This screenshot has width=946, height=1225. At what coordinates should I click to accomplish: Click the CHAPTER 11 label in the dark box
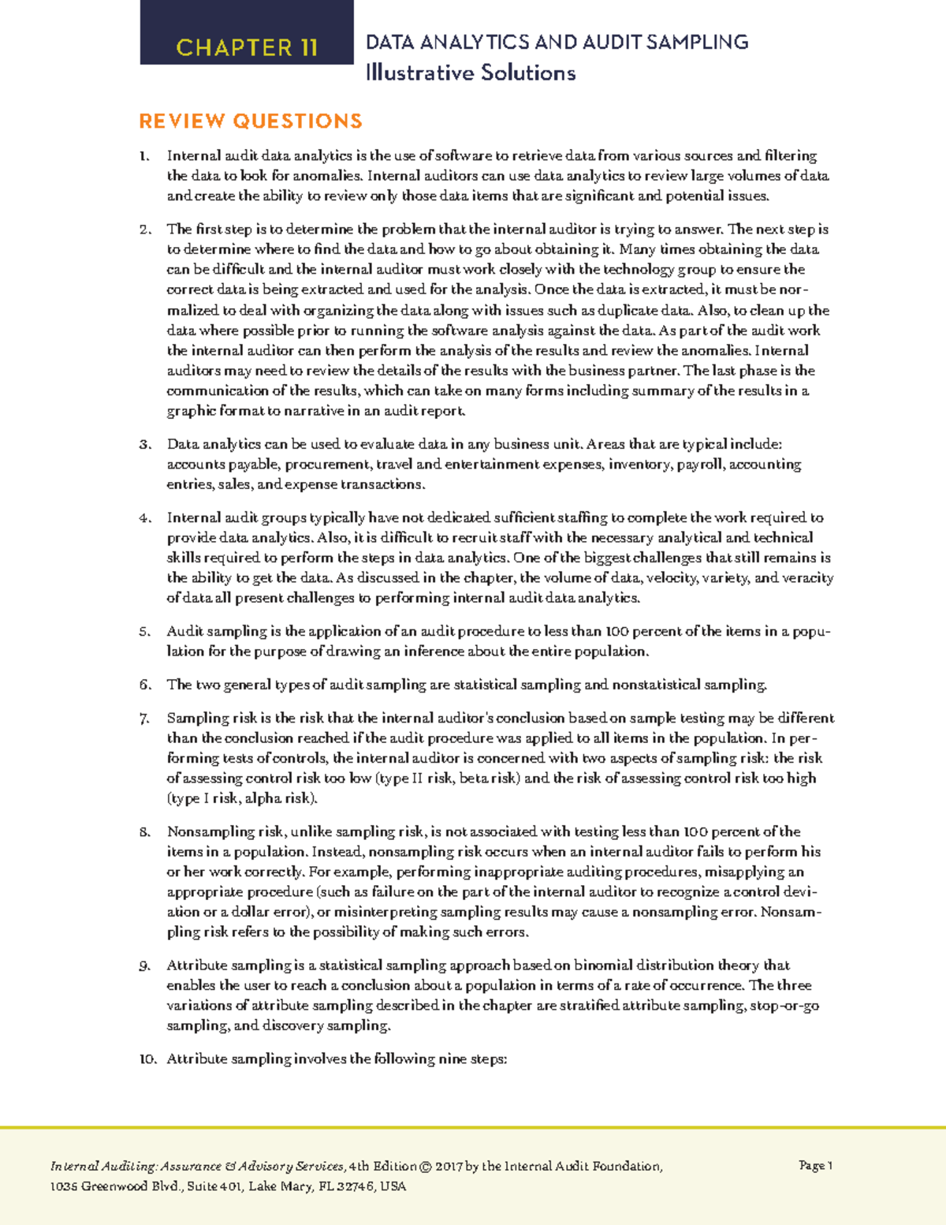click(247, 47)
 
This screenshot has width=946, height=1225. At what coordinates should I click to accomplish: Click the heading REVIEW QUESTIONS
click(251, 121)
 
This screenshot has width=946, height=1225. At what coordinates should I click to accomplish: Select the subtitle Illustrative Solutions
click(470, 73)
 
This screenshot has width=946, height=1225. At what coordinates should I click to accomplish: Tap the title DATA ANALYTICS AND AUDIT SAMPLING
click(557, 42)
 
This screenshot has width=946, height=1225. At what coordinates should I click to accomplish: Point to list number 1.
click(143, 156)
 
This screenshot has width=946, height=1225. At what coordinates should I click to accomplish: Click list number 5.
click(143, 632)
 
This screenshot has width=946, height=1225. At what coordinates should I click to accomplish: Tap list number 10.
click(147, 1059)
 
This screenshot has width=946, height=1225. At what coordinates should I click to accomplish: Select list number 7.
click(143, 719)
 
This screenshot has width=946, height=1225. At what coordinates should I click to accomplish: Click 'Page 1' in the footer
click(815, 1165)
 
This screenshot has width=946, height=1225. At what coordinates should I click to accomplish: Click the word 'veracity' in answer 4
click(808, 578)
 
